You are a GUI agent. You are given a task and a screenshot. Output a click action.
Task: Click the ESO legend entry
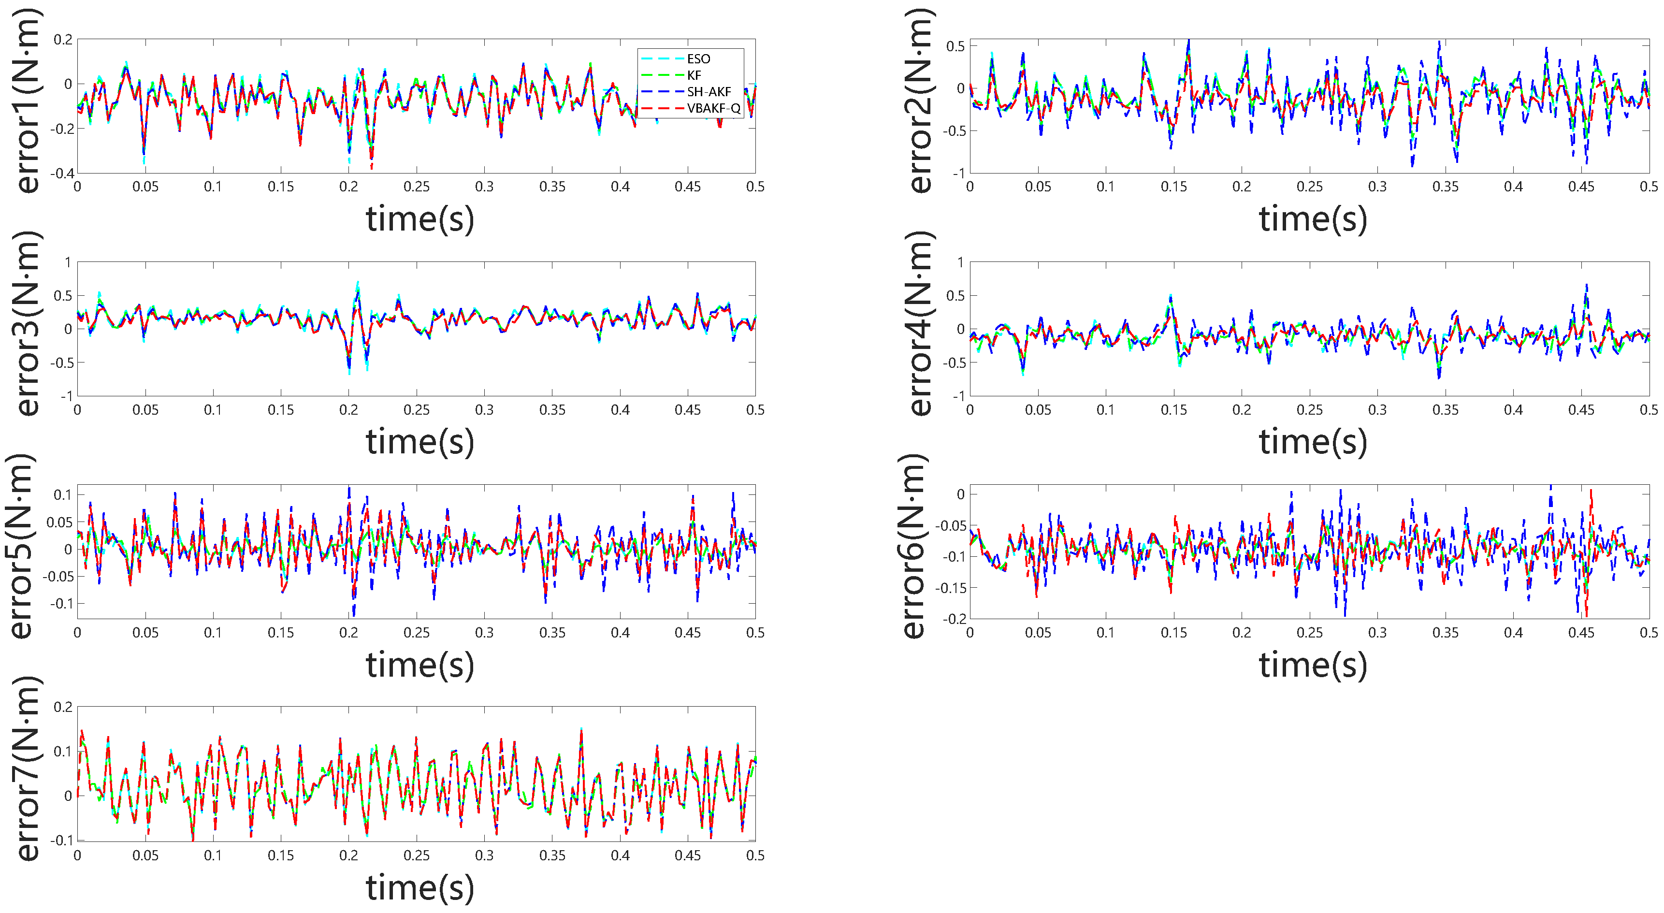[x=697, y=59]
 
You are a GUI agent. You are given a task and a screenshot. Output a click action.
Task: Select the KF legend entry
[x=694, y=75]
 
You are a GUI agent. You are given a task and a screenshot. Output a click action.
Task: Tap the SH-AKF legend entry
[x=709, y=92]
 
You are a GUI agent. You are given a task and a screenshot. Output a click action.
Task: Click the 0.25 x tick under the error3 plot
[x=417, y=410]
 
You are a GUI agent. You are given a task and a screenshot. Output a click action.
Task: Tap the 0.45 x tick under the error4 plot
[x=1581, y=410]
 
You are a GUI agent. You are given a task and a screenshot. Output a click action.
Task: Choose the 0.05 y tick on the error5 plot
[x=59, y=522]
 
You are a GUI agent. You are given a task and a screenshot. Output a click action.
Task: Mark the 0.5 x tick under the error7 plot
[x=755, y=855]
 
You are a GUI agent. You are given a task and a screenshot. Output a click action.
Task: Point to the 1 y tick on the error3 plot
[x=67, y=262]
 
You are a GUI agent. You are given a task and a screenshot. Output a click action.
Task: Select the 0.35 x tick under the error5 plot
[x=552, y=633]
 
